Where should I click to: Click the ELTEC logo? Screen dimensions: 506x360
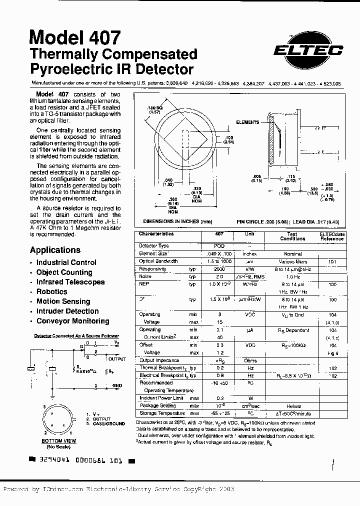pos(307,49)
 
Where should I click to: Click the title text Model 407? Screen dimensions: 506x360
pos(75,37)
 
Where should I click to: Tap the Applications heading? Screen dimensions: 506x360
pos(55,250)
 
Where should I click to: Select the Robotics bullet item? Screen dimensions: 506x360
pos(51,291)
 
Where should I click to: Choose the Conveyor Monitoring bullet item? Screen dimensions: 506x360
pos(72,321)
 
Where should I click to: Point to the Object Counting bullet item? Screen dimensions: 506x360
pos(64,272)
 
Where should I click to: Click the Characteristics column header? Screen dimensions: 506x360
pos(156,233)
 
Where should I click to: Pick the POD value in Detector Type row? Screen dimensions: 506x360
pos(219,246)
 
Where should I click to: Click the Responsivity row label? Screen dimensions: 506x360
pos(152,269)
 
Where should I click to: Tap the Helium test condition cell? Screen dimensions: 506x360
pos(292,406)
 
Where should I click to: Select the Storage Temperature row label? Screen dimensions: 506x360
pos(162,413)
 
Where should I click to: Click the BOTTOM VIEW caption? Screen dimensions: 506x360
pos(58,441)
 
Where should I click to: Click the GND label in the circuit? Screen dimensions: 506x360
pos(117,386)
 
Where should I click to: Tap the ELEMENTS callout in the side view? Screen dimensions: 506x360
pos(247,122)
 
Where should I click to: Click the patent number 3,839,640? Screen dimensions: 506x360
pos(173,84)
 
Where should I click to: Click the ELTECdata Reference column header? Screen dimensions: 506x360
pos(332,236)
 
